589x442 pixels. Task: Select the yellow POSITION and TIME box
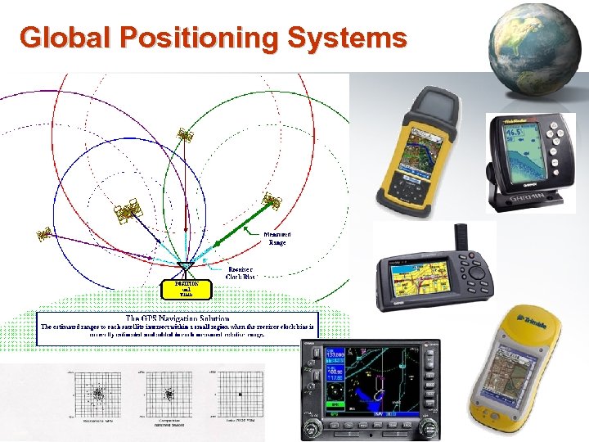(187, 289)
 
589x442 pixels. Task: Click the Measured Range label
(277, 238)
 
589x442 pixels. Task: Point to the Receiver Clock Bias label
(239, 273)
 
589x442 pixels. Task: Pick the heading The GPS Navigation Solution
(177, 318)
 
